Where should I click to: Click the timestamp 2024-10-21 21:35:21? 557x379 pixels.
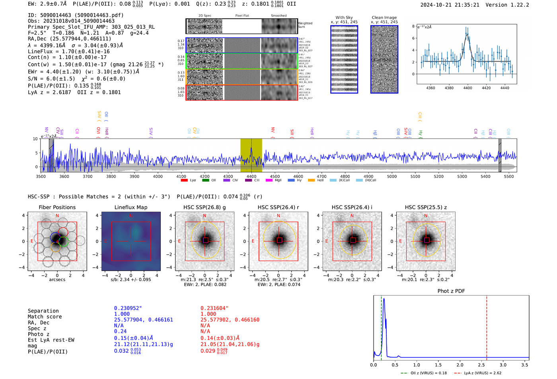point(450,5)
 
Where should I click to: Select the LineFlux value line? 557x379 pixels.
point(68,51)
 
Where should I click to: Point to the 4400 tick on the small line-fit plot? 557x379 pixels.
point(467,88)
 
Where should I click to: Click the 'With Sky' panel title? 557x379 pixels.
point(344,17)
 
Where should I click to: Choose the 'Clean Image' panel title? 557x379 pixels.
point(384,17)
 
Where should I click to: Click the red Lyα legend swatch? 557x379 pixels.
point(184,180)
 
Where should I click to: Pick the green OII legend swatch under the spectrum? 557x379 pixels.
point(205,180)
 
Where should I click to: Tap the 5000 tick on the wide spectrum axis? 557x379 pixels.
point(392,176)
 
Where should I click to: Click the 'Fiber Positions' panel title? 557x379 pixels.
point(57,207)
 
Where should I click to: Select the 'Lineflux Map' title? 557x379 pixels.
point(130,207)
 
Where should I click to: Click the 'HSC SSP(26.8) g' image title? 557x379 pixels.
point(204,207)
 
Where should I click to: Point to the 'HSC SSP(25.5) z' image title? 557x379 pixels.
point(426,207)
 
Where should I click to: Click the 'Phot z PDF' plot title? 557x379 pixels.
point(451,291)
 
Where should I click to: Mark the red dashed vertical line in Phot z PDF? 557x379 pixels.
point(487,326)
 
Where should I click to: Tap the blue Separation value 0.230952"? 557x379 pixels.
point(128,308)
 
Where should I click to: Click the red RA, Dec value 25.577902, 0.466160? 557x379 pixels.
point(230,320)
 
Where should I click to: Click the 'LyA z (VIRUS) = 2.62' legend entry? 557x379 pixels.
point(482,373)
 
